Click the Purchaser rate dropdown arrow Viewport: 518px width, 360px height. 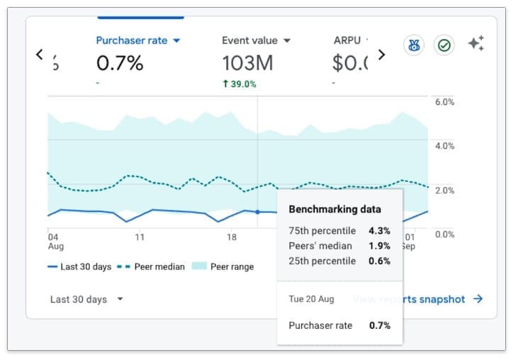(x=176, y=41)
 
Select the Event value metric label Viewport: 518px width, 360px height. (x=249, y=40)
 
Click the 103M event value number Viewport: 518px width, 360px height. (x=247, y=63)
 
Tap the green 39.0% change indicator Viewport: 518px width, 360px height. (x=239, y=84)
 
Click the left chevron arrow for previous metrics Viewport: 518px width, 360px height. (x=40, y=54)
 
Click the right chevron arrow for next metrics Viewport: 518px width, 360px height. (x=381, y=54)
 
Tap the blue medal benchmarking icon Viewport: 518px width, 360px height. (x=414, y=45)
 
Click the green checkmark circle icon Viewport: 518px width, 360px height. (x=444, y=45)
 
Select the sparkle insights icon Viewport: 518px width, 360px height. (x=475, y=44)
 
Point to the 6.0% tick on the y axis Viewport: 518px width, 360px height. (x=444, y=102)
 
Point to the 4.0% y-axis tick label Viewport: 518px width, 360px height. (x=444, y=146)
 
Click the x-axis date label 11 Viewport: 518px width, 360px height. (x=140, y=237)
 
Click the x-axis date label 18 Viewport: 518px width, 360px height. (x=232, y=237)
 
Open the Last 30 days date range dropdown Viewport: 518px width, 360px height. (x=86, y=299)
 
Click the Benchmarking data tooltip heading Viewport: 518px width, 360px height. (x=334, y=209)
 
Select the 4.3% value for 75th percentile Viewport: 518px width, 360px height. (x=379, y=230)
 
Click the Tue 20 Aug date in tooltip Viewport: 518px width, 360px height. (x=311, y=299)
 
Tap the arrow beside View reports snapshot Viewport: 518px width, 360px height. (x=478, y=299)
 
